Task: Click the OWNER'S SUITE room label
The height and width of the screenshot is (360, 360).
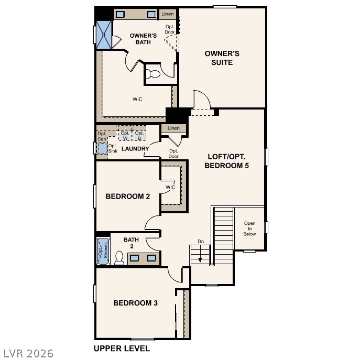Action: (x=222, y=58)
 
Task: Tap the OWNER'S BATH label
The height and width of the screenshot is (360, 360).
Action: (x=143, y=39)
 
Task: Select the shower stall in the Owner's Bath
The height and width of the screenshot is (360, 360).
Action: (x=104, y=35)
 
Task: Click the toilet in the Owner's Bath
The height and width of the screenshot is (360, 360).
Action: (x=152, y=73)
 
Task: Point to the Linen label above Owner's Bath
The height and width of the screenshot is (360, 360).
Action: (x=167, y=14)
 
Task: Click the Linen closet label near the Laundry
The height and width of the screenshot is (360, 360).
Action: (x=173, y=128)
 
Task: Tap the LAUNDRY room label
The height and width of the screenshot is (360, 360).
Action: (x=135, y=149)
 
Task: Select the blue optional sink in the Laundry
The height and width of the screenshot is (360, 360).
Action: (x=102, y=148)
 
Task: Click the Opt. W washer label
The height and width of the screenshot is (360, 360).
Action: (x=125, y=136)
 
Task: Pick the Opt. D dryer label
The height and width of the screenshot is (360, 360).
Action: (x=139, y=136)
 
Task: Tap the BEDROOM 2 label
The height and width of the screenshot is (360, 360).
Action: (x=128, y=197)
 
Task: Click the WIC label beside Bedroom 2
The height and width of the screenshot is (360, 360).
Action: (x=170, y=187)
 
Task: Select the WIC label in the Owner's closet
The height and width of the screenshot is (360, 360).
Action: (x=137, y=99)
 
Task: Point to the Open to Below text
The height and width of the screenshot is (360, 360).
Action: (x=249, y=228)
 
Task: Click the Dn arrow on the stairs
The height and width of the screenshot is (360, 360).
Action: (x=200, y=253)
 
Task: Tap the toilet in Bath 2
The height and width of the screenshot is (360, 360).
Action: (x=119, y=257)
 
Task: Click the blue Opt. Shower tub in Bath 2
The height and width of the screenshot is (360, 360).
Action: (x=103, y=250)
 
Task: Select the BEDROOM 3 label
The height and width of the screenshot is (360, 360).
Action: (x=136, y=303)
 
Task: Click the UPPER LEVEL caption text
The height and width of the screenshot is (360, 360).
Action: (x=122, y=348)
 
